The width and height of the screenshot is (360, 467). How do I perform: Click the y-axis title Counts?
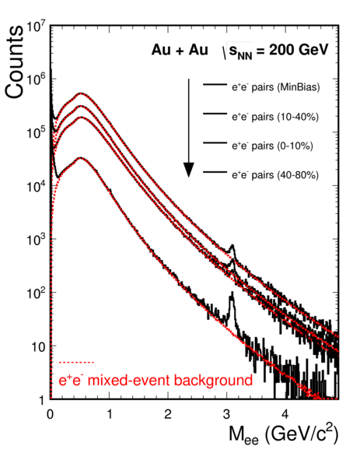[14, 62]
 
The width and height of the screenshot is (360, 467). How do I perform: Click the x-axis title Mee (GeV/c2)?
[284, 435]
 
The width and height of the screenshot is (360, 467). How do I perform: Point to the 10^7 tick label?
[36, 28]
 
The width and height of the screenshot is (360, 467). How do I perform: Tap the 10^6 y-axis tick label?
[36, 81]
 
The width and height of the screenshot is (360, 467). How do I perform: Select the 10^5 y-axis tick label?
[36, 135]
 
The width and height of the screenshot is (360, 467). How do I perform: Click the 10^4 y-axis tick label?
[36, 188]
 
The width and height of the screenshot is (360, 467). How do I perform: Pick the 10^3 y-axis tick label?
[36, 241]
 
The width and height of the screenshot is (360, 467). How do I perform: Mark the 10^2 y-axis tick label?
[36, 294]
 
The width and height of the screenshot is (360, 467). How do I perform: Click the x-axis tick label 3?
[227, 414]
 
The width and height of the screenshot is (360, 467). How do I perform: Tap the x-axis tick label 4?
[285, 414]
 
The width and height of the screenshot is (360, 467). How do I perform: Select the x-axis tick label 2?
[168, 414]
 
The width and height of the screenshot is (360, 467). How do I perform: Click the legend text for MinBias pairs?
[276, 87]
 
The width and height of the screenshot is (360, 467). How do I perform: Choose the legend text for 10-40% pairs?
[275, 117]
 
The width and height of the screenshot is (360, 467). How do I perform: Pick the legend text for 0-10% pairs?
[273, 146]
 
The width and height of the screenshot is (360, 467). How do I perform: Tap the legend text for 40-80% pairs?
[275, 174]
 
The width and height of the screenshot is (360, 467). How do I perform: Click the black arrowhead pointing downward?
[188, 170]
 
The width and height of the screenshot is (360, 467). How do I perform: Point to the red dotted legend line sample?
[76, 362]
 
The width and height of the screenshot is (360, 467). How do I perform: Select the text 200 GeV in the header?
[299, 50]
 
